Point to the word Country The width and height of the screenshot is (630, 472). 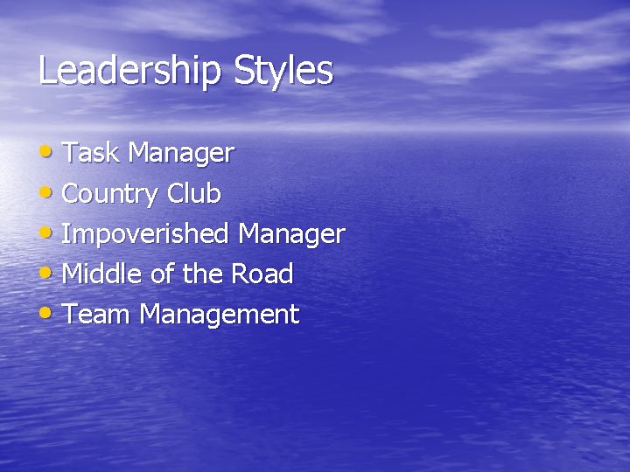coord(110,194)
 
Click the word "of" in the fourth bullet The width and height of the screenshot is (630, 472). coord(163,274)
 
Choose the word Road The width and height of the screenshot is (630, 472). coord(262,274)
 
